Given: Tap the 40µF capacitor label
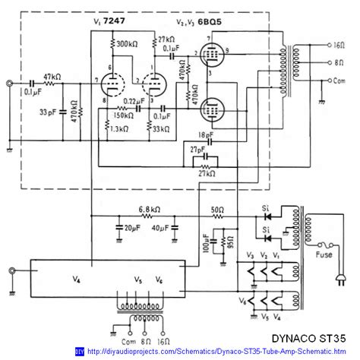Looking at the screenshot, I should point(162,228).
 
